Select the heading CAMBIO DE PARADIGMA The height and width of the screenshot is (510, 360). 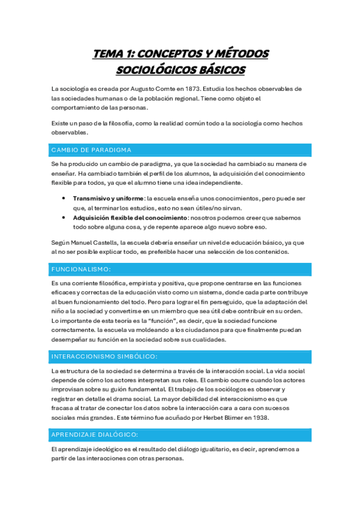click(91, 150)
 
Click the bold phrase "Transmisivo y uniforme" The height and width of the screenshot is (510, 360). click(108, 198)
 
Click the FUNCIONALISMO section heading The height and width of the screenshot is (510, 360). click(81, 269)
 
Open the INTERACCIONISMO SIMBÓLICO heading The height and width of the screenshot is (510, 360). click(105, 357)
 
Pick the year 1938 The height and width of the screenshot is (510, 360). click(257, 418)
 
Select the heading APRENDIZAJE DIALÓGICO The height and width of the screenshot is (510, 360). click(95, 434)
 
